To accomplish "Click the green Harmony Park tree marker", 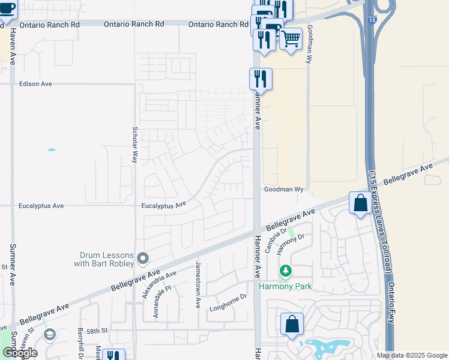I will [x=286, y=272].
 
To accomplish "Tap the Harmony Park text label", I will [x=285, y=286].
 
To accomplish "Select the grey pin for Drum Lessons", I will [x=143, y=258].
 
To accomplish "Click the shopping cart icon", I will [x=291, y=39].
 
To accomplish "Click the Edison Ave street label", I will [x=35, y=84].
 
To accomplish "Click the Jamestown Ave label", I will [x=197, y=284].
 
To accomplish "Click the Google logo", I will [x=20, y=353].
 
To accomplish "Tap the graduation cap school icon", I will [x=50, y=334].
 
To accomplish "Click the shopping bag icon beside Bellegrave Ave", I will [x=360, y=203].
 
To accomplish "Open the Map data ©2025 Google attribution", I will [x=412, y=355].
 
